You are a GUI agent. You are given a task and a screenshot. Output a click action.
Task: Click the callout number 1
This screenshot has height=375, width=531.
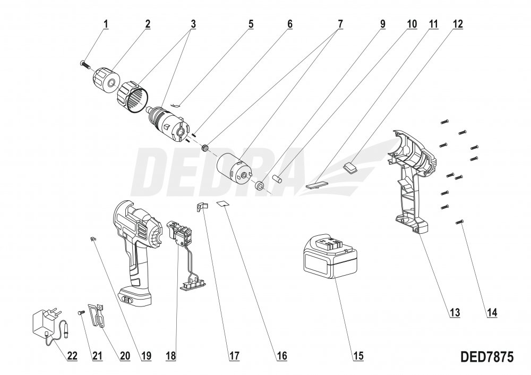click(106, 24)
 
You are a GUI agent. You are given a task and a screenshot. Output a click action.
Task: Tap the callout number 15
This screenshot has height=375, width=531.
click(358, 356)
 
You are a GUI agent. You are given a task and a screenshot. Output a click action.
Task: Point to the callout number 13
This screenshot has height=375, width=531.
click(455, 312)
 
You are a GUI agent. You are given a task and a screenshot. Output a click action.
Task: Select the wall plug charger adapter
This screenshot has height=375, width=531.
click(46, 322)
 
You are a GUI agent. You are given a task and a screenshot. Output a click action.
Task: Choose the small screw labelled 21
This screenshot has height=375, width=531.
click(81, 312)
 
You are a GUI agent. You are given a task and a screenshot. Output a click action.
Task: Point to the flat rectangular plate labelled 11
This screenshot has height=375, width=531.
click(316, 184)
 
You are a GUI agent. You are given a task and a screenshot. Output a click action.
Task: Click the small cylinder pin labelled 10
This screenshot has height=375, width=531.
click(276, 177)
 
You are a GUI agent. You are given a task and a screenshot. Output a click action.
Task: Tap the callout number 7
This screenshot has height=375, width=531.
click(339, 24)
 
